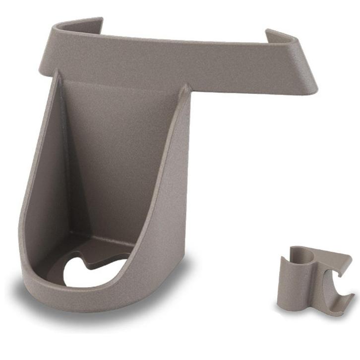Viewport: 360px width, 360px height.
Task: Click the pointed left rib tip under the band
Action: tap(56, 74)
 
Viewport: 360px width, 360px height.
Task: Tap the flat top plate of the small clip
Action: tap(332, 260)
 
